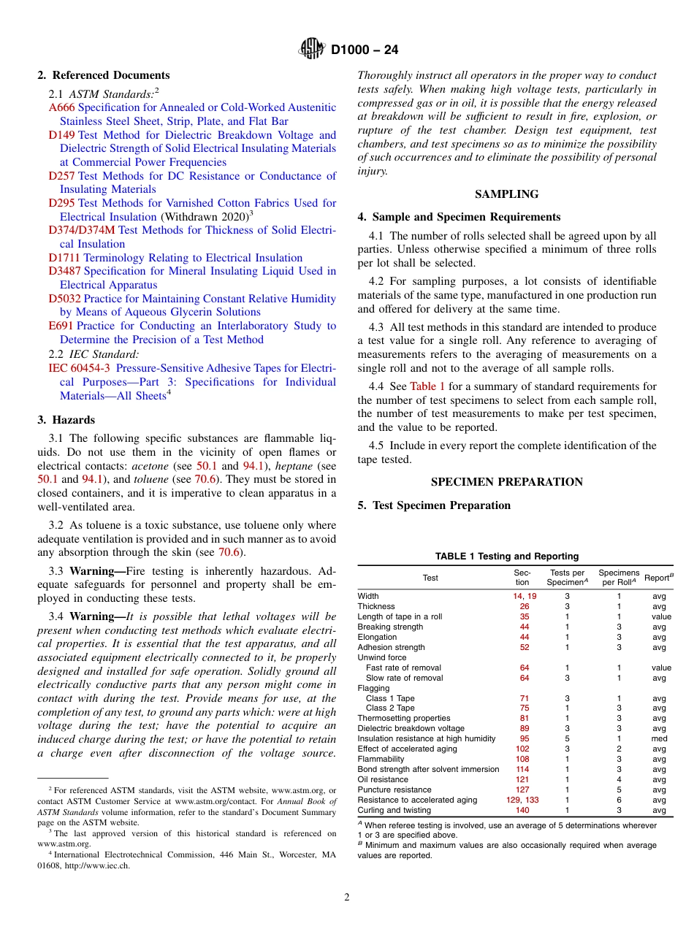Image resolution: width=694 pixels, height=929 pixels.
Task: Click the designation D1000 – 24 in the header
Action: coord(365,50)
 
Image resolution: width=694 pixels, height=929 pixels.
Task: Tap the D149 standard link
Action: coord(61,135)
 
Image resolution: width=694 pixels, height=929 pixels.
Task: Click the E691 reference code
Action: coord(61,326)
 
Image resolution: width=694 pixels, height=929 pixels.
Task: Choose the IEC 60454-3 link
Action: coord(80,368)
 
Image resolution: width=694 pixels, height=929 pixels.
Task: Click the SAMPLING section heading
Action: coord(506,194)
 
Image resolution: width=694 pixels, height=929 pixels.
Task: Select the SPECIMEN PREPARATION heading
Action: coord(506,482)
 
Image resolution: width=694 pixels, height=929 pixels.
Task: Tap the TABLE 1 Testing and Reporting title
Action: coord(506,557)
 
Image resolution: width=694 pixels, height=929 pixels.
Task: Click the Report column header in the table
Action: coord(658,578)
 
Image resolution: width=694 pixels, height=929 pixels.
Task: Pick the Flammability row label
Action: coord(381,760)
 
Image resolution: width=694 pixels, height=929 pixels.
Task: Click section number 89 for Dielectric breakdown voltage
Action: coord(524,729)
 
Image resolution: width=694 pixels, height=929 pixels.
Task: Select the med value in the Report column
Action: coord(659,739)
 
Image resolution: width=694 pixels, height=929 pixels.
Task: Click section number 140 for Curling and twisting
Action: coord(524,811)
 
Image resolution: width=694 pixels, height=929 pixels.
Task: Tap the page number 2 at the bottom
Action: coord(347,898)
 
